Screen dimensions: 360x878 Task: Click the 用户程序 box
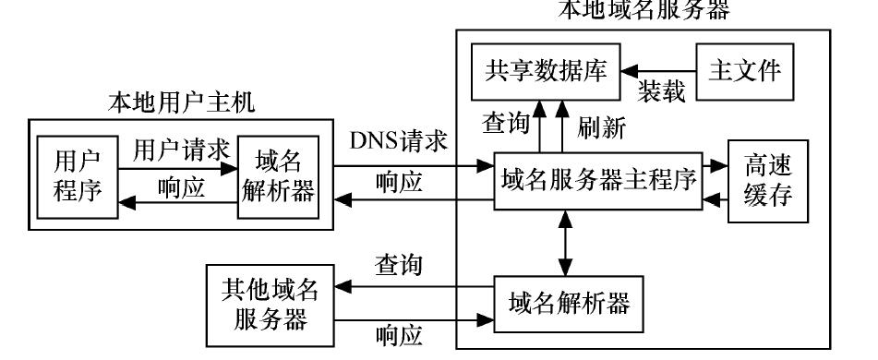click(78, 175)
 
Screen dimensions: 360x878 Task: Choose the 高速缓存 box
click(767, 181)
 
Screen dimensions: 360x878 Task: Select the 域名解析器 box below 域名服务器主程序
click(565, 300)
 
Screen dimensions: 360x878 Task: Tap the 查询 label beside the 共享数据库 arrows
click(508, 123)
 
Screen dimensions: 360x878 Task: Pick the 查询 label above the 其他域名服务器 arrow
click(399, 266)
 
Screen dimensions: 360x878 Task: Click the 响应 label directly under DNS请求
click(400, 182)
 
